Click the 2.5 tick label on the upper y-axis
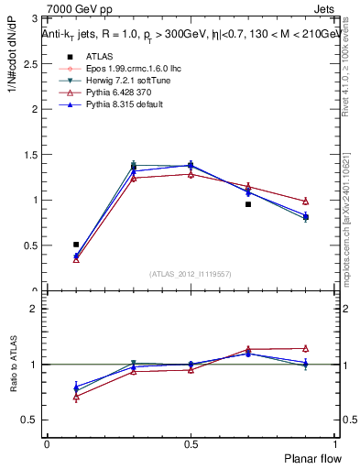pyautogui.click(x=31, y=63)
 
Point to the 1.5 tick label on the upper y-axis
pyautogui.click(x=31, y=154)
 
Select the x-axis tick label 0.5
pyautogui.click(x=191, y=443)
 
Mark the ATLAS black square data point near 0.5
pyautogui.click(x=76, y=245)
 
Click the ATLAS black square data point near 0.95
pyautogui.click(x=248, y=204)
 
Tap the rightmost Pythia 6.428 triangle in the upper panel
pyautogui.click(x=305, y=201)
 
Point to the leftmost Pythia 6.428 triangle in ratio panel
pyautogui.click(x=76, y=397)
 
